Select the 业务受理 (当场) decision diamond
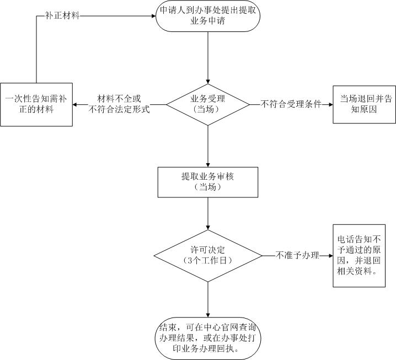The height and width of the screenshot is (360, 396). (207, 104)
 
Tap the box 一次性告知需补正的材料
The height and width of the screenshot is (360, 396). (36, 104)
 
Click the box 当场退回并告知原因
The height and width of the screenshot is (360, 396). (365, 104)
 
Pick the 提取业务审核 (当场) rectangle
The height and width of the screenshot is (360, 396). (207, 182)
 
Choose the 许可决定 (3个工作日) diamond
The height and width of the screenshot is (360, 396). (207, 255)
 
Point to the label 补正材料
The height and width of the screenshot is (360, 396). (62, 15)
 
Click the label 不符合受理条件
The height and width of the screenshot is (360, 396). (291, 104)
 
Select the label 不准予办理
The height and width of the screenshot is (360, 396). (298, 255)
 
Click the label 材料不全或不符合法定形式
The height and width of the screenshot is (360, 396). (119, 104)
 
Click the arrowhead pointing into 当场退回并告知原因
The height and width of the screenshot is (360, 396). (329, 104)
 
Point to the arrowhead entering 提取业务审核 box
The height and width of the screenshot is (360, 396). (207, 164)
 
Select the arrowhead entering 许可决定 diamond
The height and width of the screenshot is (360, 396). (207, 227)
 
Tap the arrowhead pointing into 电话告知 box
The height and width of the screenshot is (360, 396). (329, 255)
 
